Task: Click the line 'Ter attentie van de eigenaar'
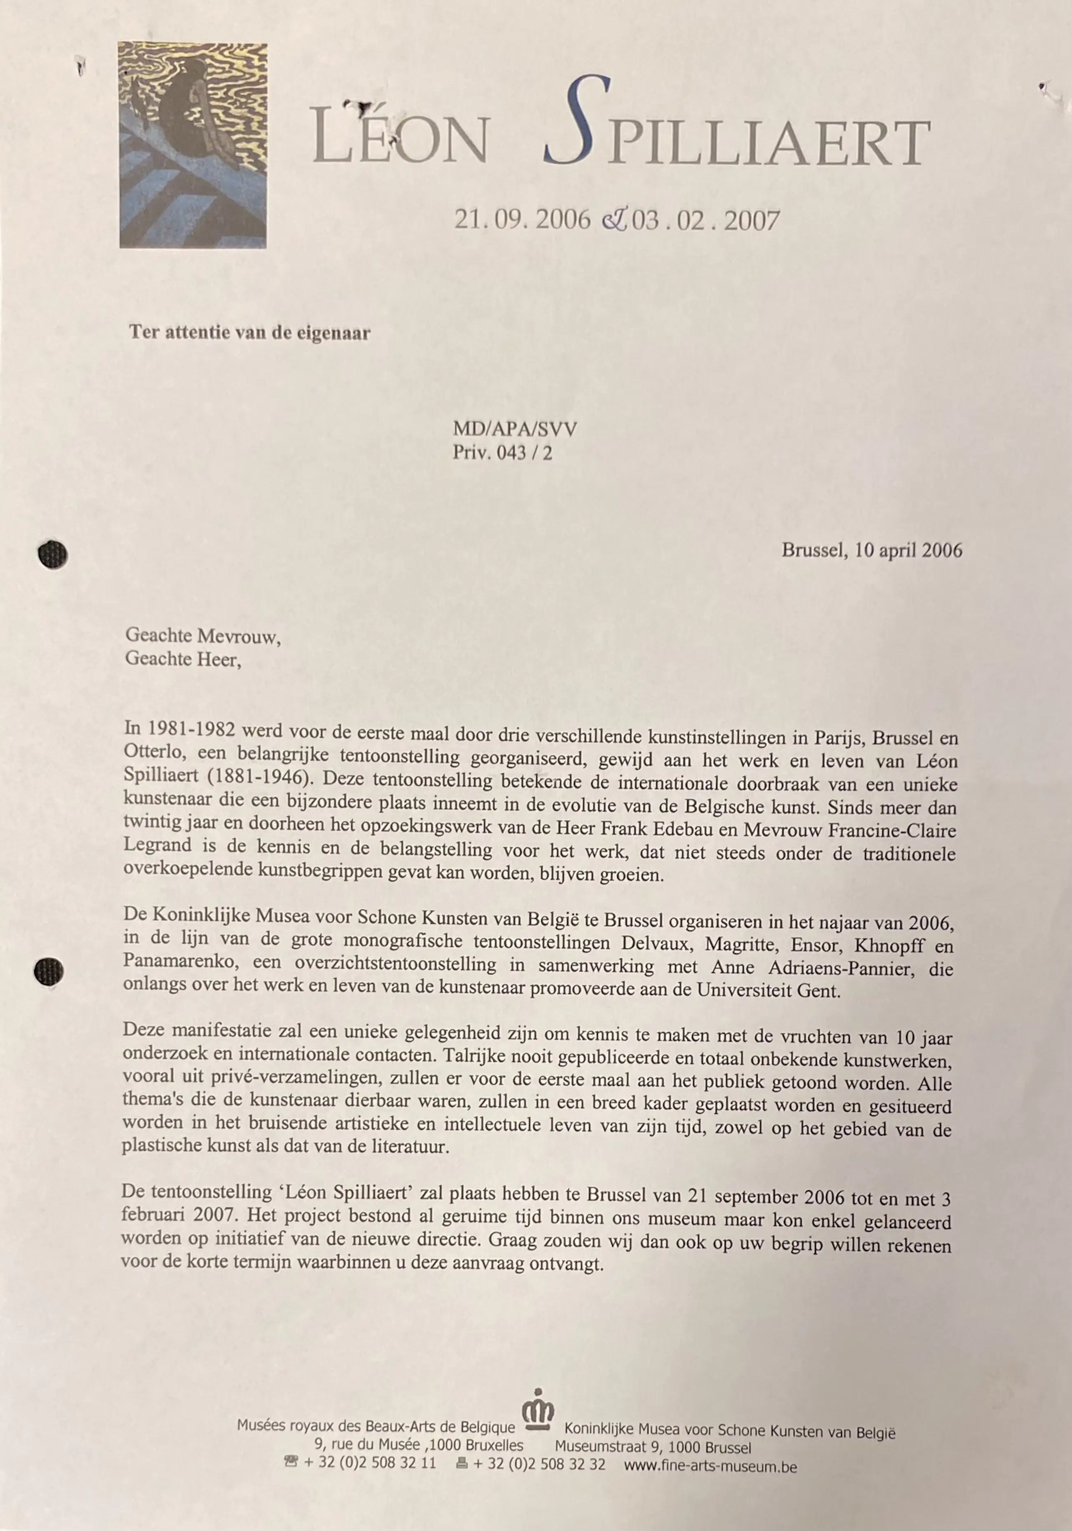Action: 250,333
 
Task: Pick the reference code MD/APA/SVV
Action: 515,429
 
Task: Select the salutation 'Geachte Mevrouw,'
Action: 203,637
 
